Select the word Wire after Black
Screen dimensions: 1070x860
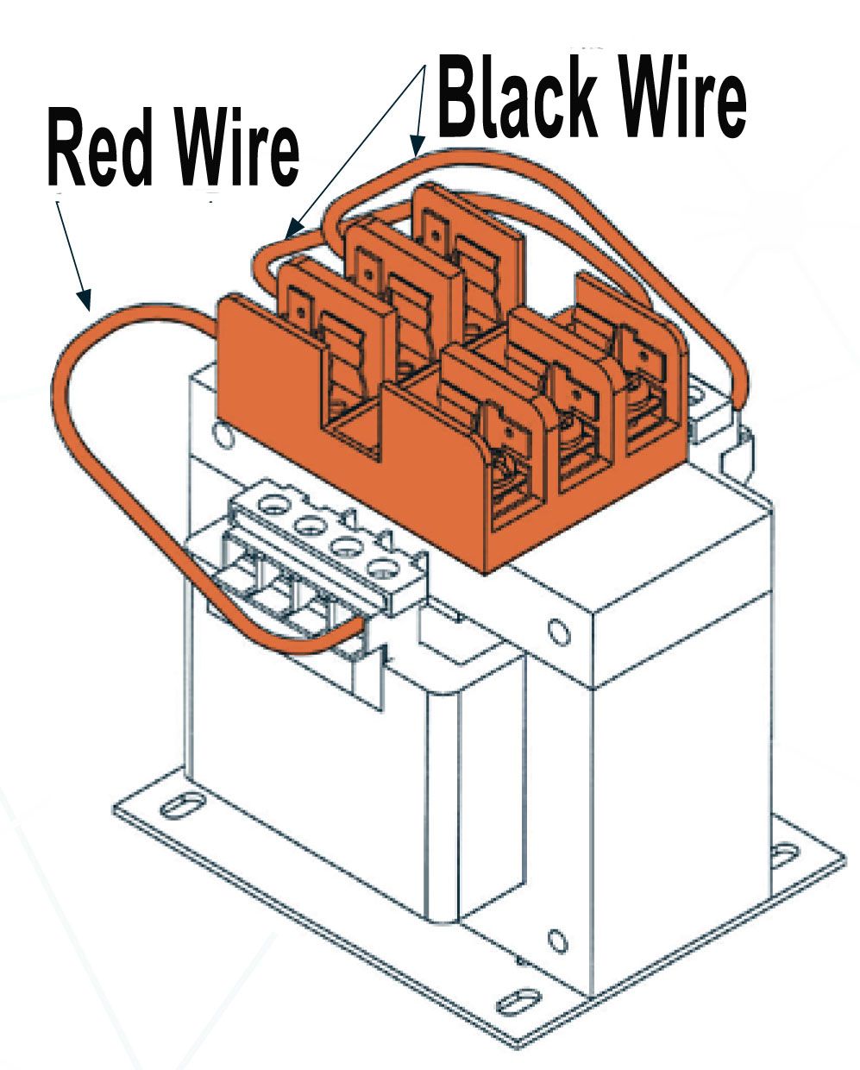683,97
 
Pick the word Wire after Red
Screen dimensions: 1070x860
236,150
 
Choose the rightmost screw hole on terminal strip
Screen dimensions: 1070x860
379,566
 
